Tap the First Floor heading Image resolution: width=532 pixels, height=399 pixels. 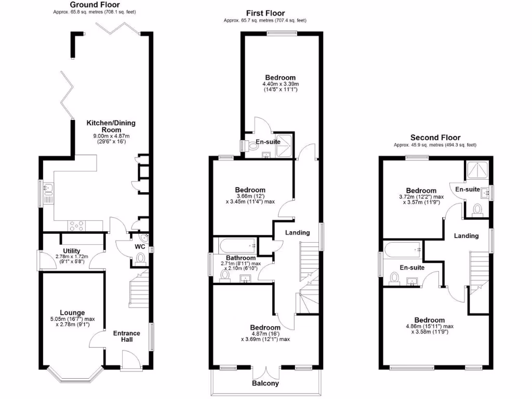pyautogui.click(x=265, y=13)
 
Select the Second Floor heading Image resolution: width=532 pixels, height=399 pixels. pyautogui.click(x=435, y=137)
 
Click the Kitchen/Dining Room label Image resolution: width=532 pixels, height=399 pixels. pyautogui.click(x=111, y=126)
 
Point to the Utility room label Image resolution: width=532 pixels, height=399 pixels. pyautogui.click(x=72, y=250)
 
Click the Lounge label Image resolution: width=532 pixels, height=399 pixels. pyautogui.click(x=72, y=313)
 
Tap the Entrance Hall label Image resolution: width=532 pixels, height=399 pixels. pyautogui.click(x=127, y=336)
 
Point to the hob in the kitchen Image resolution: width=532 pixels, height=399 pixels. pyautogui.click(x=78, y=225)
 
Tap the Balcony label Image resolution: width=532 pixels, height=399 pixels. pyautogui.click(x=265, y=383)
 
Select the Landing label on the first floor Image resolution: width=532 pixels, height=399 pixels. pyautogui.click(x=297, y=233)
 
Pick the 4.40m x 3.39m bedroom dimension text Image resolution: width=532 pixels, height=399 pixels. pyautogui.click(x=280, y=84)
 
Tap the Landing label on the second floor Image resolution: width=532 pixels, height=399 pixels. pyautogui.click(x=466, y=236)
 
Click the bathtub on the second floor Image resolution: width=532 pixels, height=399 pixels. pyautogui.click(x=403, y=249)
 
